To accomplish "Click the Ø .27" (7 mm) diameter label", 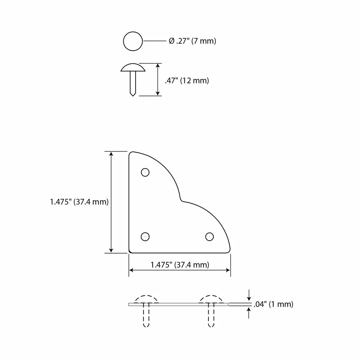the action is (x=192, y=41).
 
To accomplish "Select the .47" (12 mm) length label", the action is (x=187, y=81).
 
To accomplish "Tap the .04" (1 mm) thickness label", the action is (x=273, y=304).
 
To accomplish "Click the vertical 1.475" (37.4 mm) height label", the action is (x=79, y=202).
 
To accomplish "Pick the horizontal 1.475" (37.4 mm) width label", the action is (x=180, y=265).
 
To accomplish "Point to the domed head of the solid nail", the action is (x=133, y=67).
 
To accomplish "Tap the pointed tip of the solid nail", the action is (x=133, y=96).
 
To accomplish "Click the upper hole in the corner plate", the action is (x=145, y=172).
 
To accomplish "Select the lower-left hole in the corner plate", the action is (x=145, y=237).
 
